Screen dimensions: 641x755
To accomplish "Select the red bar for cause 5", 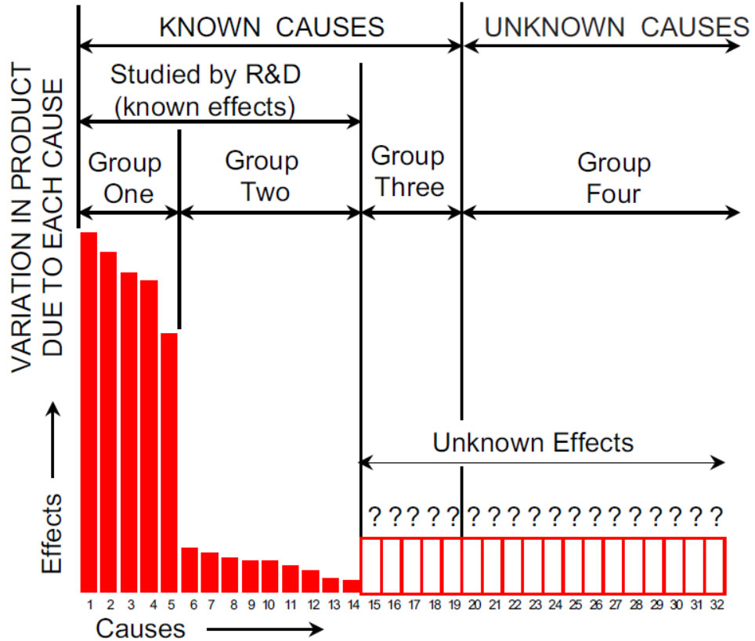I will [169, 462].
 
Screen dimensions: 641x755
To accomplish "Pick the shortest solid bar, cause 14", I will [352, 585].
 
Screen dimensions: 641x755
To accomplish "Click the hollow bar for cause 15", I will [371, 565].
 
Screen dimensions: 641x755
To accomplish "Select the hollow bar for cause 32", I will [716, 565].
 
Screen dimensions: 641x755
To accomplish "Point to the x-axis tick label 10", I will [269, 605].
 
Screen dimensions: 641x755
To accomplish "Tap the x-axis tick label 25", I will [574, 605].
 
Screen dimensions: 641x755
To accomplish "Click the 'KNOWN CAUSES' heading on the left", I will [272, 27].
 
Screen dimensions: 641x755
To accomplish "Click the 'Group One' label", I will [125, 178].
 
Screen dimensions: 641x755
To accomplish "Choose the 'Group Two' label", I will [262, 176].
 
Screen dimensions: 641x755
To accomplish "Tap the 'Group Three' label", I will [407, 171].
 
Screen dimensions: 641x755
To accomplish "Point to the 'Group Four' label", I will [614, 178].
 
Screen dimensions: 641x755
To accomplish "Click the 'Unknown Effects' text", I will [533, 443].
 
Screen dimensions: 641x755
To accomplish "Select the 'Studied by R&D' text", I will [205, 75].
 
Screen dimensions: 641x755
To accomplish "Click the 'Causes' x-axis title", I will [141, 628].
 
